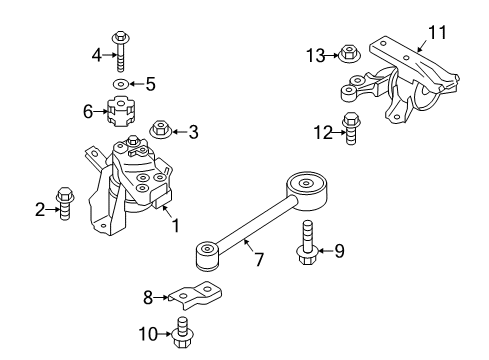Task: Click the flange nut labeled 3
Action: coord(159,128)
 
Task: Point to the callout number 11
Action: coord(436,33)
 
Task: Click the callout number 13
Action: coord(316,54)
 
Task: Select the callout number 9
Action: coord(340,252)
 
